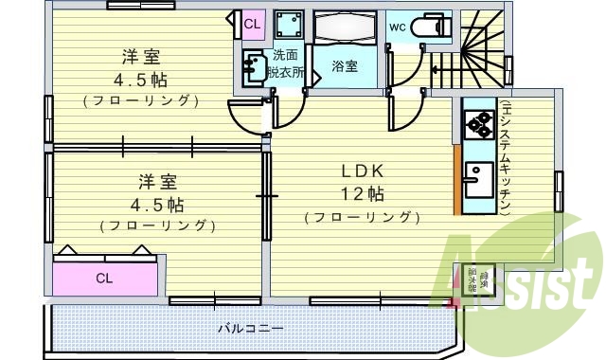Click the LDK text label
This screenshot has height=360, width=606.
pyautogui.click(x=363, y=171)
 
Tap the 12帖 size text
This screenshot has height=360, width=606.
pyautogui.click(x=363, y=194)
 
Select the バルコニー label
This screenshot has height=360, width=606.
pyautogui.click(x=250, y=328)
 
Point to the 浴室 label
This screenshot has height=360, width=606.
pyautogui.click(x=346, y=66)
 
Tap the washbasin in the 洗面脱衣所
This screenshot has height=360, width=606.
pyautogui.click(x=254, y=67)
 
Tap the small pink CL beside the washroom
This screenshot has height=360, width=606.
pyautogui.click(x=253, y=24)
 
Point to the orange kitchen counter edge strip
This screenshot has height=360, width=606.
pyautogui.click(x=457, y=180)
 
